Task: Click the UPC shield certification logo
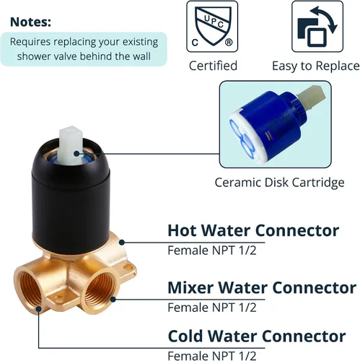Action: coord(212,27)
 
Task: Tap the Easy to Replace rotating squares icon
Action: coord(317,27)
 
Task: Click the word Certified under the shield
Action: coord(213,66)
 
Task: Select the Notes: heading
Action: coord(30,22)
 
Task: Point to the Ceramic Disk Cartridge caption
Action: coord(279,183)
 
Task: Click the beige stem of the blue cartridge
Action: coord(312,96)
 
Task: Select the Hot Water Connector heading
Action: coord(253,230)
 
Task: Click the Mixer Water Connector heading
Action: coord(262,287)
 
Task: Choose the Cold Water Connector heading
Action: coord(257,336)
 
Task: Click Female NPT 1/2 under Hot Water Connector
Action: coord(212,251)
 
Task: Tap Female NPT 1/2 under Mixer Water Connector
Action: coord(212,308)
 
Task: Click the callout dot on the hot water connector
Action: coord(122,243)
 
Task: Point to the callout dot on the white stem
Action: coord(76,153)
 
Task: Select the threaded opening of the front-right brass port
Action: coord(100,291)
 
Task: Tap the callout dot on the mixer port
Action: coord(113,300)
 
